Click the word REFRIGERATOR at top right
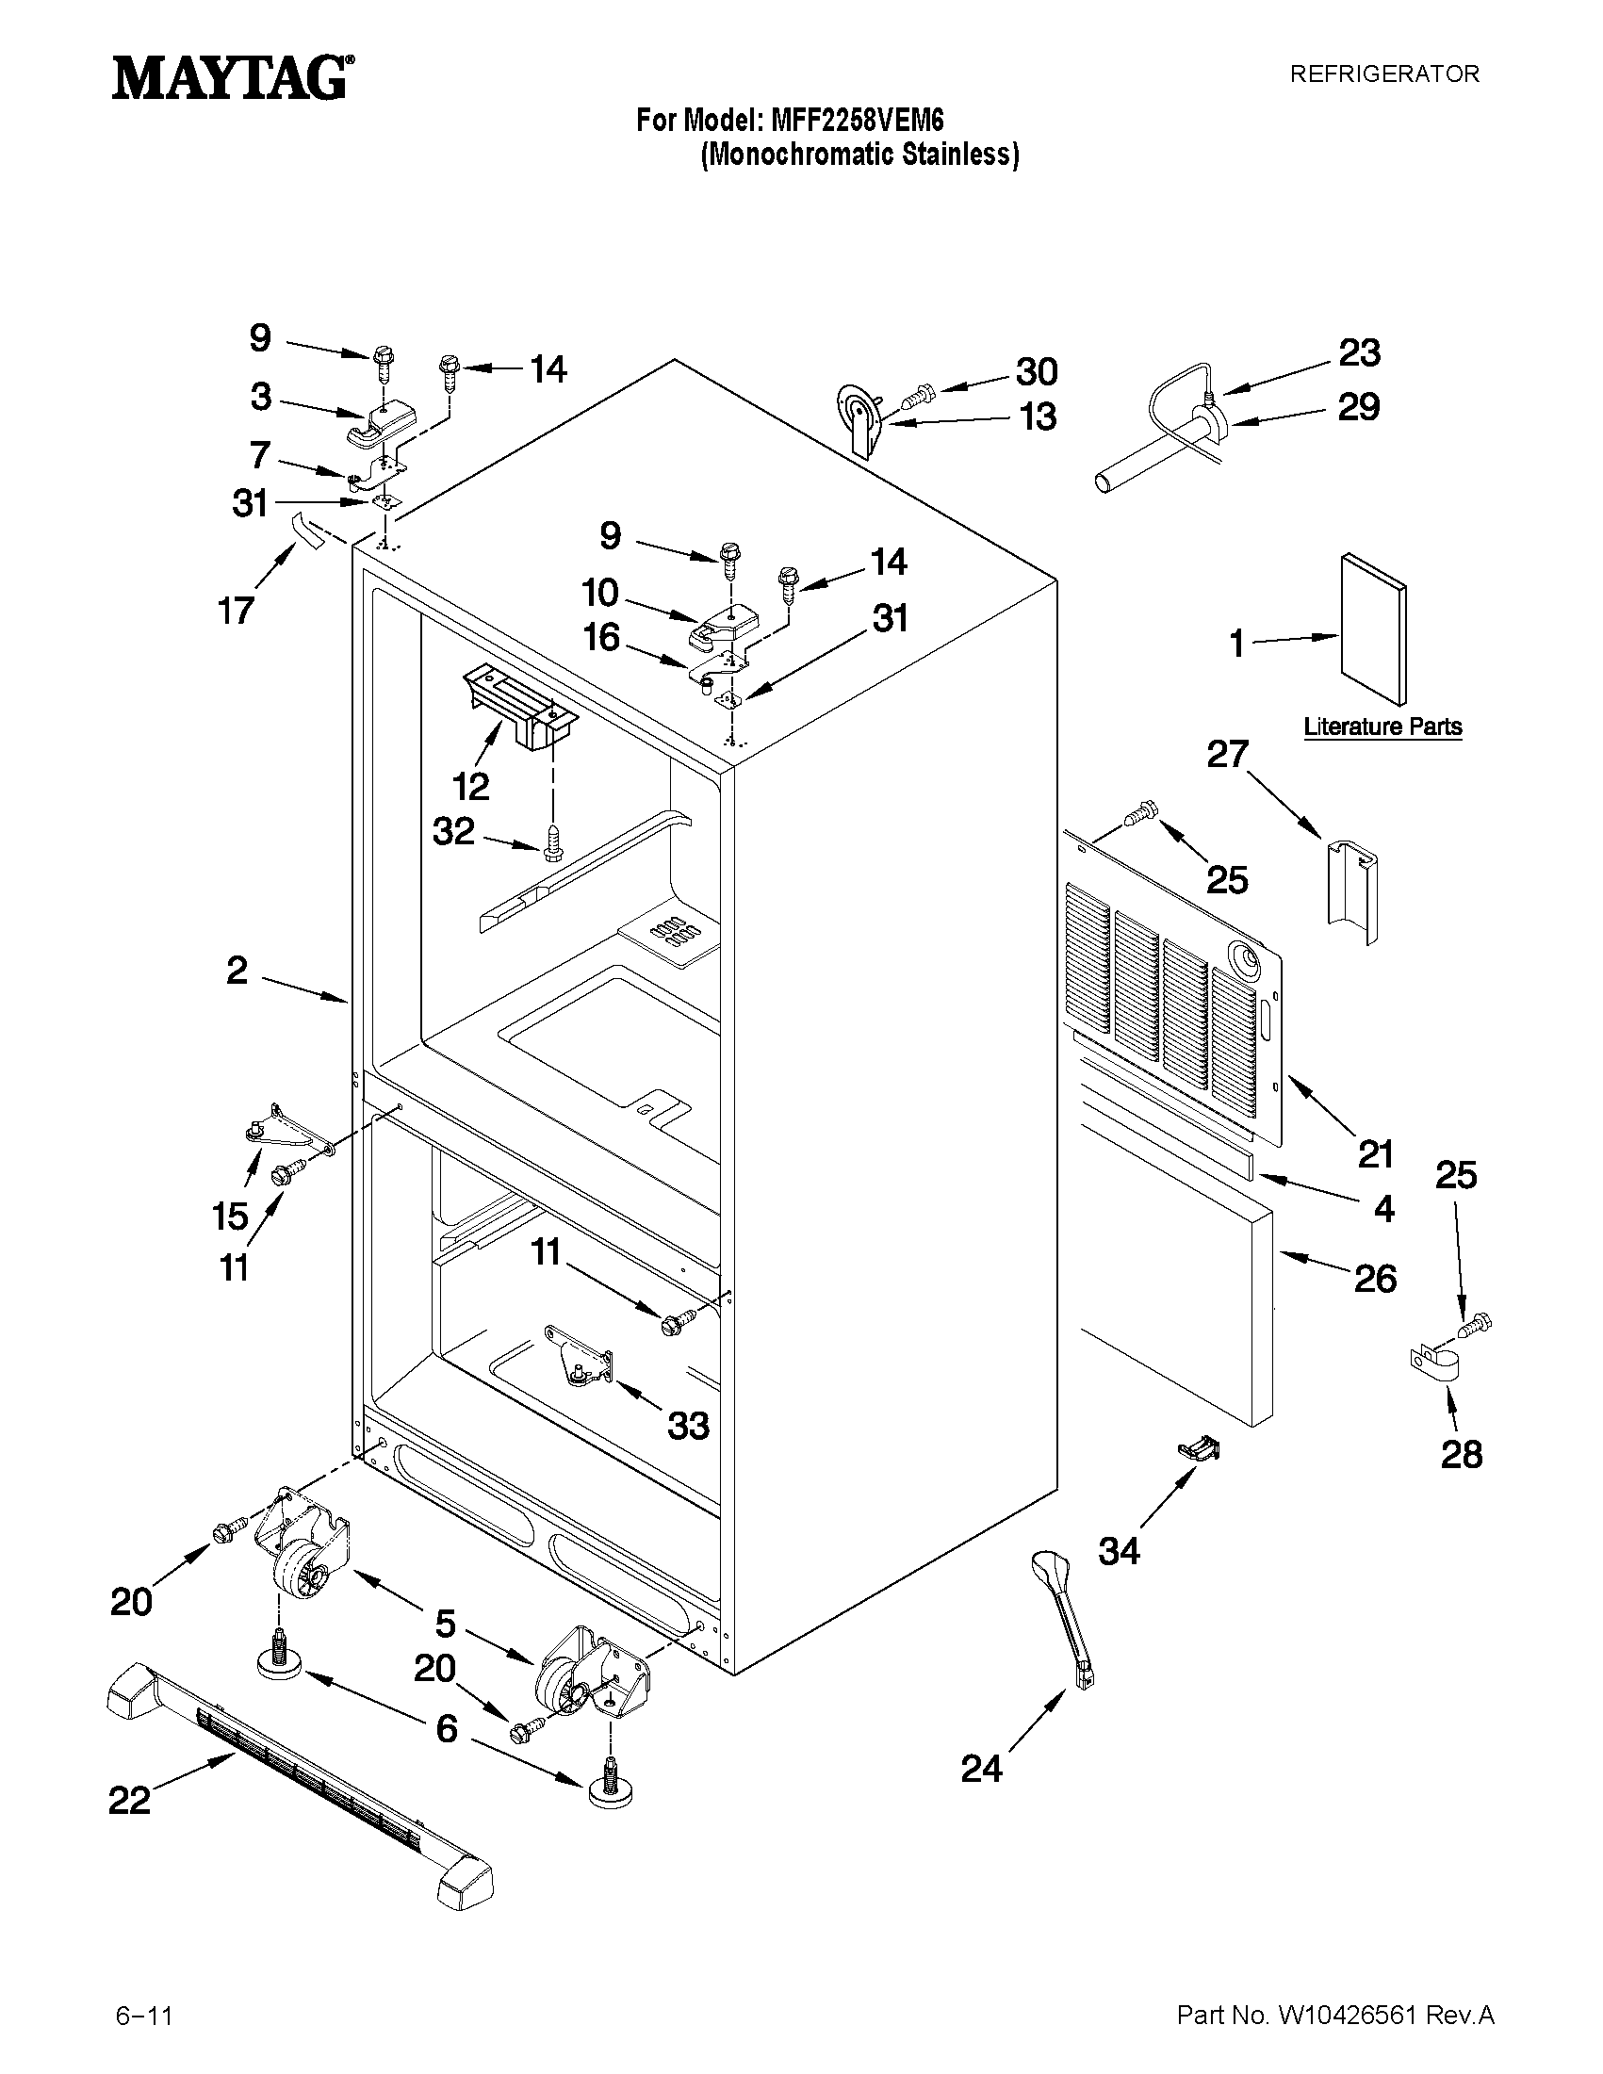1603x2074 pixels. tap(1383, 75)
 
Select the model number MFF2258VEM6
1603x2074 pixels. tap(858, 121)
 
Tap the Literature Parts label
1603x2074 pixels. tap(1382, 727)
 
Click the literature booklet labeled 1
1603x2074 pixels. tap(1373, 629)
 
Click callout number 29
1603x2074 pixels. tap(1358, 406)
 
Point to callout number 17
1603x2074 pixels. tap(236, 609)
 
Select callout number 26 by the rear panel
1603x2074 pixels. tap(1374, 1277)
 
